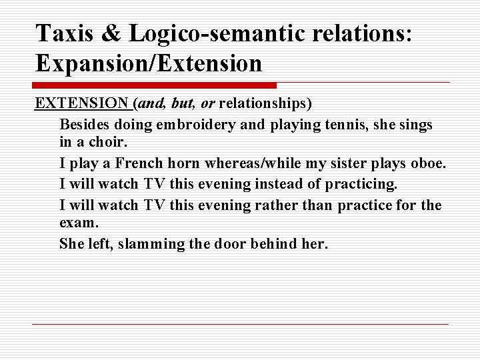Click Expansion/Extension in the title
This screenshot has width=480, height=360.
coord(149,64)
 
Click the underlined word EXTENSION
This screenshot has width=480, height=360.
coord(82,104)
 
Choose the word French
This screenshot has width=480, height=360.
coord(139,164)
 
